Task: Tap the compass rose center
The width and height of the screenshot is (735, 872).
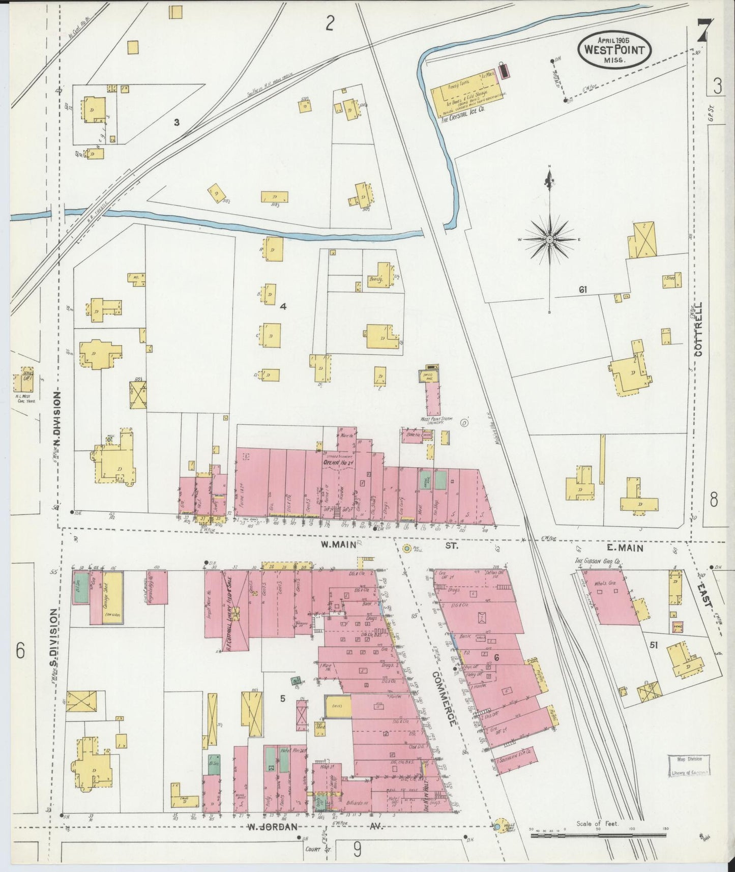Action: (550, 239)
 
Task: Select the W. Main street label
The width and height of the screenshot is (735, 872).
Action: (334, 545)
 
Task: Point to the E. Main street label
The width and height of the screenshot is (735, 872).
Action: (625, 548)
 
